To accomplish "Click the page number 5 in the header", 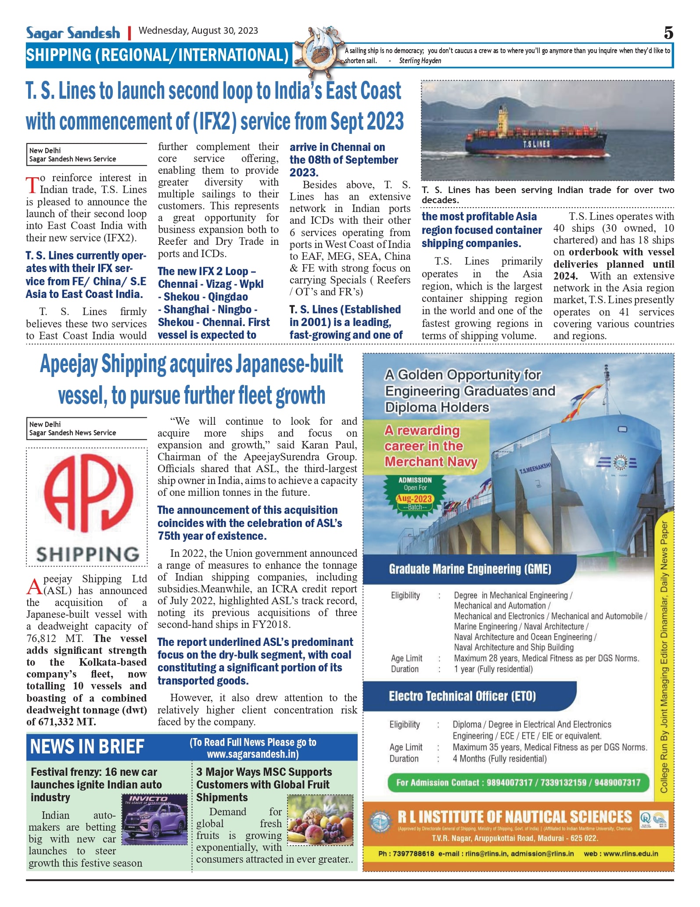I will tap(668, 33).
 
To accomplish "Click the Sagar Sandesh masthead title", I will tap(73, 33).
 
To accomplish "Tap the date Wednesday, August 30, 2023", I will tap(198, 31).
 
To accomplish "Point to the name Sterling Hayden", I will tap(420, 61).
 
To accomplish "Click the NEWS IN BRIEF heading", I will tap(87, 747).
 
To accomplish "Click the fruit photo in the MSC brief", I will tap(320, 820).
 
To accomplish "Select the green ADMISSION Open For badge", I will tap(415, 493).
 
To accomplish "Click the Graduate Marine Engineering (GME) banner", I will tap(470, 570).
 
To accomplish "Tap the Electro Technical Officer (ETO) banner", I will tap(462, 696).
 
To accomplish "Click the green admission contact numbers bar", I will tap(518, 783).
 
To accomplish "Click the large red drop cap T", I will tap(32, 185).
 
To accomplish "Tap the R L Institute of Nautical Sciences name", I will tap(514, 817).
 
